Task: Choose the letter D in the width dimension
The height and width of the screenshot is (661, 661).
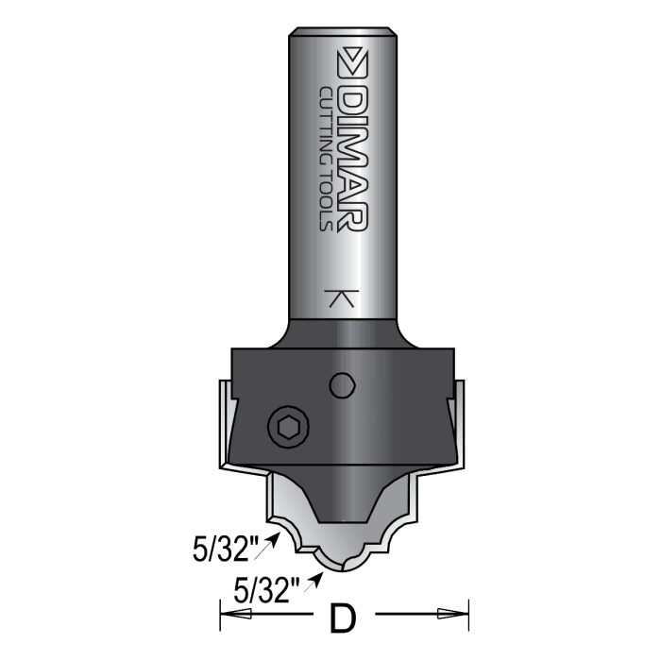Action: (x=347, y=619)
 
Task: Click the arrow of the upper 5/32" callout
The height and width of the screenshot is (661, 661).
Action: (x=275, y=536)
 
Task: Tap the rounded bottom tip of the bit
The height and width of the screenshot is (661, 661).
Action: (x=342, y=566)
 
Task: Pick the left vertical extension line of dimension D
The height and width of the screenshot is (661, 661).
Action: (x=220, y=614)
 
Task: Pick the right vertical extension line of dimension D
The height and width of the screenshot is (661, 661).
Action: (x=469, y=614)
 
